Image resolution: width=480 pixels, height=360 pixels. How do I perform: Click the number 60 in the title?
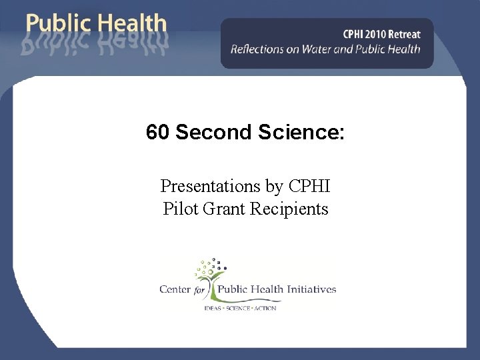click(x=158, y=133)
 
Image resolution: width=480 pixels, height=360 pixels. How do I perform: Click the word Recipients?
click(x=290, y=209)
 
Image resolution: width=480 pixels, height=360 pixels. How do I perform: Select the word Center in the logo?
click(x=175, y=289)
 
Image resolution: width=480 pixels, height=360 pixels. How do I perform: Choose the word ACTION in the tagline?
click(x=265, y=308)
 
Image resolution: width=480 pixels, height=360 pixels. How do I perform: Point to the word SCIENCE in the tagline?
click(x=238, y=308)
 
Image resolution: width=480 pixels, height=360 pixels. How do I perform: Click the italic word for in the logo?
click(x=199, y=290)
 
